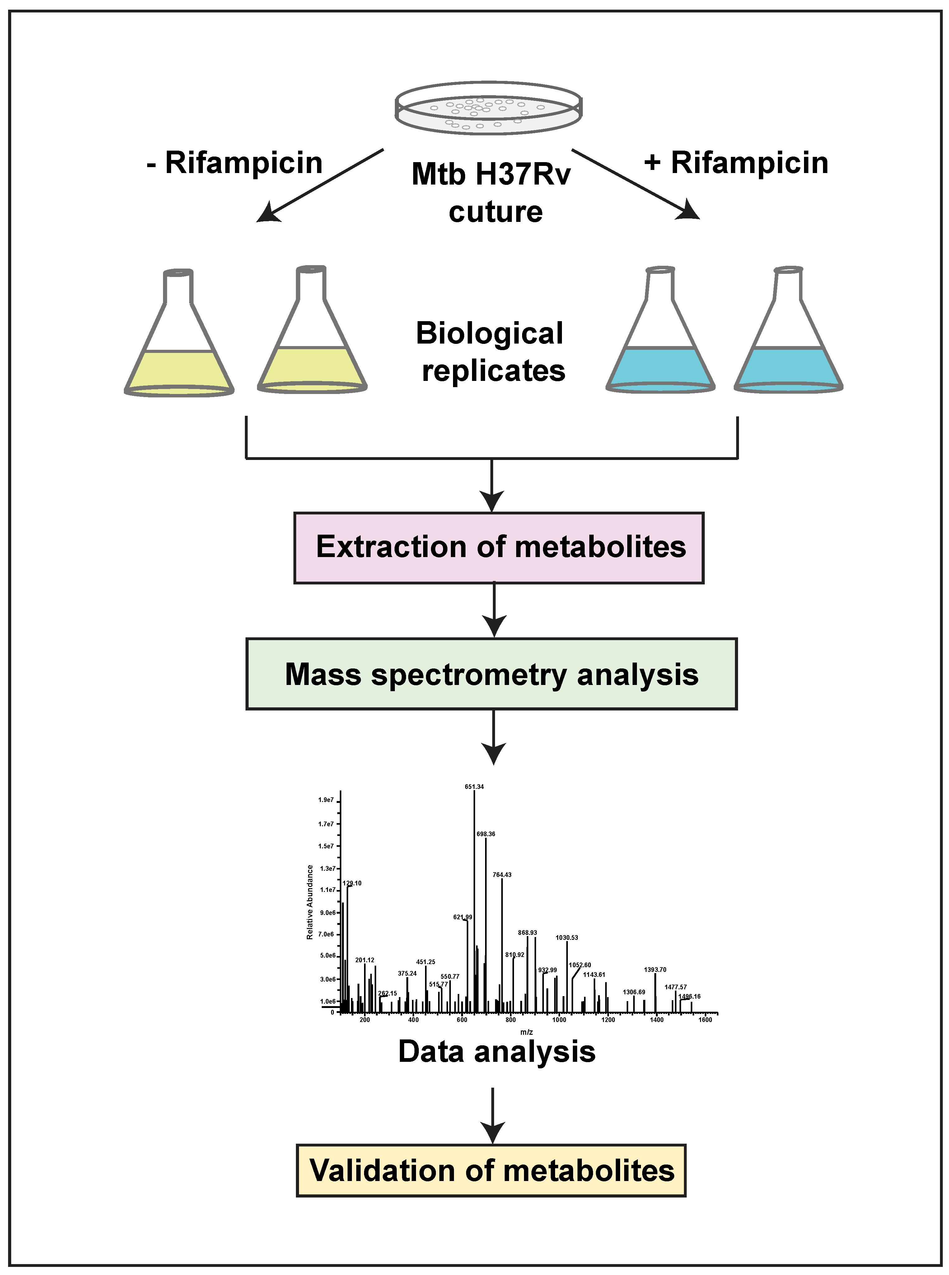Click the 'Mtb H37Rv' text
(491, 174)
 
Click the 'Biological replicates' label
(491, 352)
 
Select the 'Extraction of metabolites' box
(499, 548)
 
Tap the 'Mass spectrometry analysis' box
(491, 674)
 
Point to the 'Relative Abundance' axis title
(310, 902)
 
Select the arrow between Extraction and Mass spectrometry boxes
(494, 610)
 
